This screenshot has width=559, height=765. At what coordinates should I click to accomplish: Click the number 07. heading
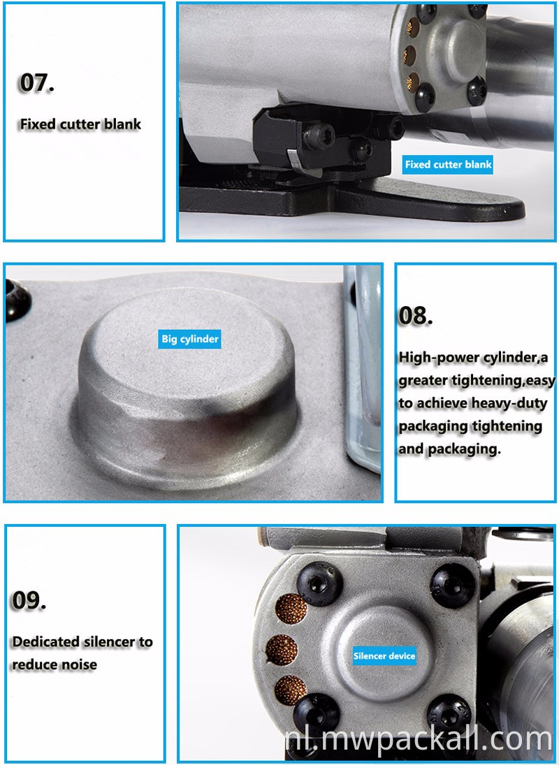pyautogui.click(x=37, y=82)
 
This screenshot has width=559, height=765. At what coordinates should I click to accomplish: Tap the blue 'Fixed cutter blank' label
pyautogui.click(x=448, y=164)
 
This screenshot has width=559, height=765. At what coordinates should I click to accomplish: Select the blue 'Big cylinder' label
pyautogui.click(x=190, y=339)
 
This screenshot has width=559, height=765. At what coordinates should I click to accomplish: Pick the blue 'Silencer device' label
pyautogui.click(x=384, y=656)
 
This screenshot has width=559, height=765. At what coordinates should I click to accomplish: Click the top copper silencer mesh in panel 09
pyautogui.click(x=291, y=609)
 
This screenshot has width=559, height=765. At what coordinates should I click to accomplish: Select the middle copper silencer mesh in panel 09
pyautogui.click(x=282, y=650)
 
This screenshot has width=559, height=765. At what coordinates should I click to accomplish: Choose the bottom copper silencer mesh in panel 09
pyautogui.click(x=291, y=690)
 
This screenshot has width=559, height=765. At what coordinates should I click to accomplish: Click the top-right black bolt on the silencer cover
pyautogui.click(x=453, y=586)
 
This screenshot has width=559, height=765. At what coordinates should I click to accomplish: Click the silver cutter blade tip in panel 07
pyautogui.click(x=293, y=159)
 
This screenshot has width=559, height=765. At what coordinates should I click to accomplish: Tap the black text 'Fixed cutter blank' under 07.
pyautogui.click(x=80, y=124)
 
